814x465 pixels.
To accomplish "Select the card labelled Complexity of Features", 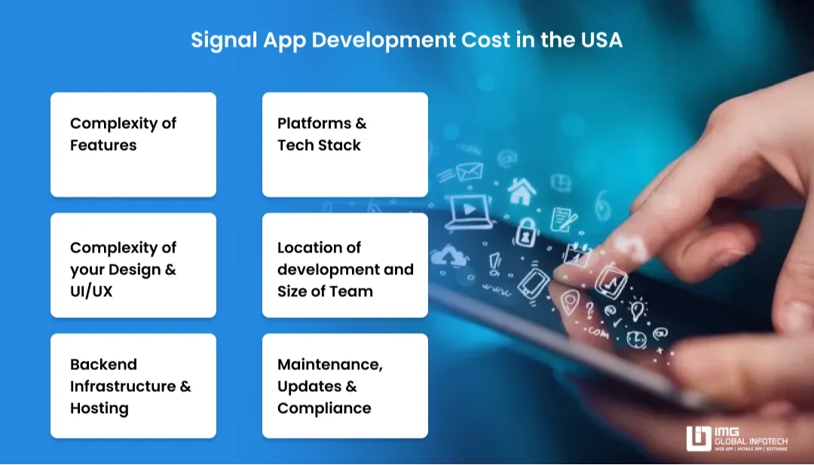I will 133,145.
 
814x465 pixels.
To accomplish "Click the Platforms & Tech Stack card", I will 344,145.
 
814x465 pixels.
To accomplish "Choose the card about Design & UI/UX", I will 133,265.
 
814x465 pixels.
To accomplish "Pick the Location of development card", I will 344,265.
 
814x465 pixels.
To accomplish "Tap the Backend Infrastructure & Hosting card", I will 133,386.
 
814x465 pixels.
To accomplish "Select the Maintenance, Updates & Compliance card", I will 344,386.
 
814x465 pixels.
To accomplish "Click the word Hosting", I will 99,408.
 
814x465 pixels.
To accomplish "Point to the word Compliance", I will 324,408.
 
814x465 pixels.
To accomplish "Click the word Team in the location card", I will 353,291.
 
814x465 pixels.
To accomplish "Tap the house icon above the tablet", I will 521,191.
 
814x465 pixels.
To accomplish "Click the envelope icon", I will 468,171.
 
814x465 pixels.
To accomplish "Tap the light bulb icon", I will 638,309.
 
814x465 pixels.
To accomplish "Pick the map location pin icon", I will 570,299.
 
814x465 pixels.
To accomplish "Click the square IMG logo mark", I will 699,439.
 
